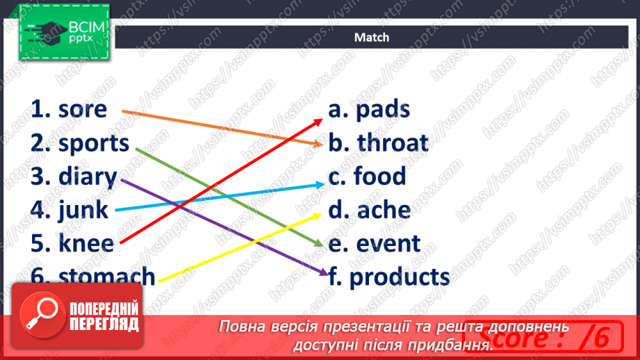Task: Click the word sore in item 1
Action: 83,110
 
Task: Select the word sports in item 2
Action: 94,143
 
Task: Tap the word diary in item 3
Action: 87,177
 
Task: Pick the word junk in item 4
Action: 83,209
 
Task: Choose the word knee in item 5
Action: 86,243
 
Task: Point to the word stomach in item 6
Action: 107,276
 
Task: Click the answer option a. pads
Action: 369,110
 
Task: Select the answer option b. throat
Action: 379,143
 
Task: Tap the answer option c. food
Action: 368,177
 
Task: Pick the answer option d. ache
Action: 370,210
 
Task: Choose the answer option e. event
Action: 375,243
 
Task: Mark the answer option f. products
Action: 389,277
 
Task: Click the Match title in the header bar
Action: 372,38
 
